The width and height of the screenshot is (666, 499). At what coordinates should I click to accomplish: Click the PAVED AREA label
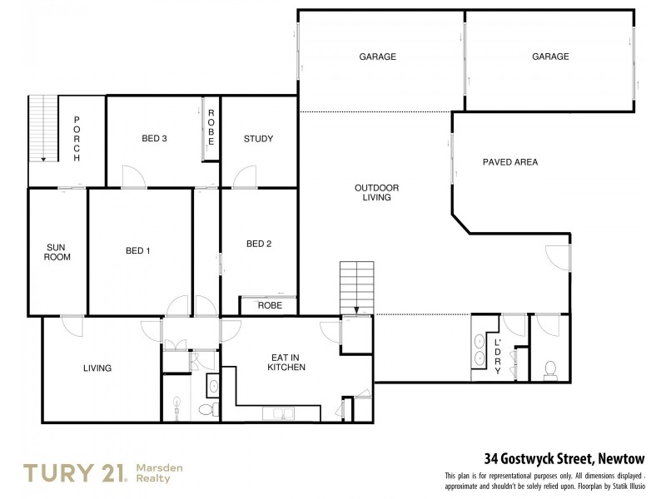pos(510,162)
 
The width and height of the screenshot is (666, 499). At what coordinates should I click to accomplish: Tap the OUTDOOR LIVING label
pos(371,193)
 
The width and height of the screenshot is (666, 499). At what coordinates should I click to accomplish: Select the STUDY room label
pos(258,139)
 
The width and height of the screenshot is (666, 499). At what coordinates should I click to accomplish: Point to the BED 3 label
pos(155,139)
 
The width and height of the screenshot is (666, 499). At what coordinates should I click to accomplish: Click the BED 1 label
pos(138,251)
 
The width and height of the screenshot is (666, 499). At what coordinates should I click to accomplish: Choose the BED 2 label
pos(259,244)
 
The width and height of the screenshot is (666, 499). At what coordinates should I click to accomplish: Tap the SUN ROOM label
pos(58,252)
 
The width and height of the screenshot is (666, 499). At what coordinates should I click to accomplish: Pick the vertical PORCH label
pos(76,139)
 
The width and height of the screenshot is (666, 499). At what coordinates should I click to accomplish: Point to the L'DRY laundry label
pos(498,356)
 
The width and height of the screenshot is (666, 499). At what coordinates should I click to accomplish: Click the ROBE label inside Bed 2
pos(270,305)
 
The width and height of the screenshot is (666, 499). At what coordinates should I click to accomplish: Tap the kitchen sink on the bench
pos(276,413)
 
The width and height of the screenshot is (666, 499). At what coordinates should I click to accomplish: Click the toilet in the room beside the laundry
pos(549,369)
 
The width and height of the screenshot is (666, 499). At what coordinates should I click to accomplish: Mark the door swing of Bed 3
pos(133,177)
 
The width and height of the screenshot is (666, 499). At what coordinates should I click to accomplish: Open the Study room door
pos(245,177)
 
